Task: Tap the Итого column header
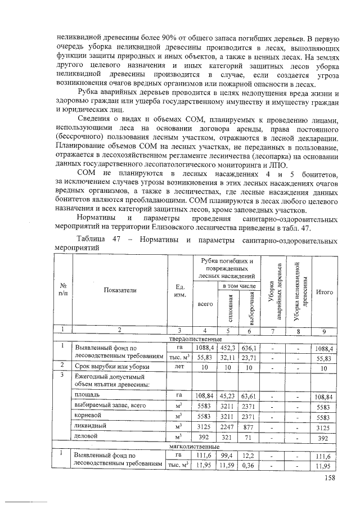coord(323,292)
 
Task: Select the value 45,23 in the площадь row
coord(227,396)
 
